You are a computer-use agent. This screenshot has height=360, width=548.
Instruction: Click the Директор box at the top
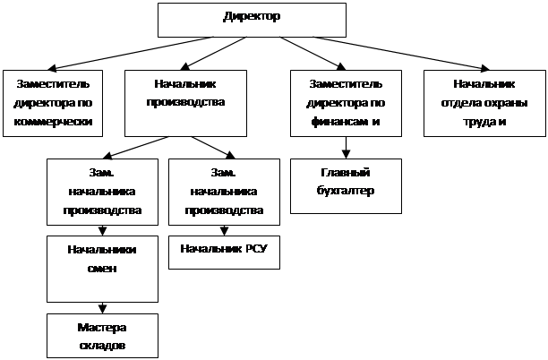(252, 20)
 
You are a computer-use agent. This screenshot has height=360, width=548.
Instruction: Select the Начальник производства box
(185, 103)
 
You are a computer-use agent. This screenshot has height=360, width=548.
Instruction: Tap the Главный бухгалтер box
(346, 186)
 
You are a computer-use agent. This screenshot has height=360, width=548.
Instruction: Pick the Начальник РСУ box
(224, 253)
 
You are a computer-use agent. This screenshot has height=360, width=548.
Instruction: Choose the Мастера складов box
(102, 336)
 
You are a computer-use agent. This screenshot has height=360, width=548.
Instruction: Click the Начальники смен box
(102, 269)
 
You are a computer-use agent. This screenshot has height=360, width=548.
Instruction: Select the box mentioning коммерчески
(53, 103)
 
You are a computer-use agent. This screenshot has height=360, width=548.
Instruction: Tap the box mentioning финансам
(346, 103)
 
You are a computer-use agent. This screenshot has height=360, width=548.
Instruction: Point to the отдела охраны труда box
(484, 103)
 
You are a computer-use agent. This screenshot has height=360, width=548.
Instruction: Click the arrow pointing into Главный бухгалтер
(346, 148)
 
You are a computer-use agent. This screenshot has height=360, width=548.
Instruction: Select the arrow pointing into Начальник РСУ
(225, 230)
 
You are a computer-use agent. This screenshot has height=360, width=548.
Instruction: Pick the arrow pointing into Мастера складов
(102, 308)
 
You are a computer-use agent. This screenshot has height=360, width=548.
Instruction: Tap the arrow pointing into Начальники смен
(102, 230)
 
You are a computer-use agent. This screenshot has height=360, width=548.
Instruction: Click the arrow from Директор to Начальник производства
(213, 54)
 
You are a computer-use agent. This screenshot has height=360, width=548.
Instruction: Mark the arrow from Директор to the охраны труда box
(401, 54)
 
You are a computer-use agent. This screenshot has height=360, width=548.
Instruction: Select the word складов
(102, 346)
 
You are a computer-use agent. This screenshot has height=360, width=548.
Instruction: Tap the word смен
(102, 269)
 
